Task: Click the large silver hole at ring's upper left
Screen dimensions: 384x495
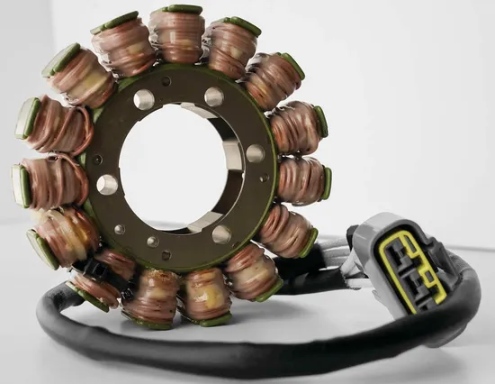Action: pyautogui.click(x=144, y=99)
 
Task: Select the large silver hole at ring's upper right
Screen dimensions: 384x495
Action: pyautogui.click(x=214, y=96)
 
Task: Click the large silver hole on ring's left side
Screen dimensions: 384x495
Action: pyautogui.click(x=107, y=185)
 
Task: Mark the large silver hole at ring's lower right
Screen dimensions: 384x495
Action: pyautogui.click(x=221, y=234)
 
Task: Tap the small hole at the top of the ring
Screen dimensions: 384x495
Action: pyautogui.click(x=166, y=81)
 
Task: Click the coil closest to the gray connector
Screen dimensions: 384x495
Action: pyautogui.click(x=288, y=230)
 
